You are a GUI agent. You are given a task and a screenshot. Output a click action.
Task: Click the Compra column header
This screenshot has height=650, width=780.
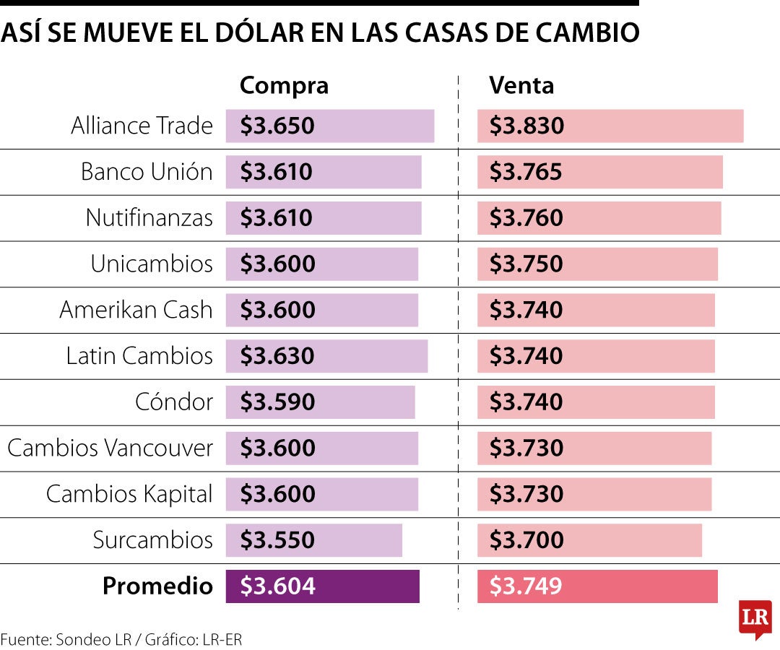click(284, 85)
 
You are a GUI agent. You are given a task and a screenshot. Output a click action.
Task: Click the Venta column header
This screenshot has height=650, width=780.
click(521, 85)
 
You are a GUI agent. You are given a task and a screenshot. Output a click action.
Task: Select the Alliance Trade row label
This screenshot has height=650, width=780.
click(142, 126)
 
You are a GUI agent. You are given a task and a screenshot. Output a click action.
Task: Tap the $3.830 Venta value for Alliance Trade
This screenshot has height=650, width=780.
click(526, 126)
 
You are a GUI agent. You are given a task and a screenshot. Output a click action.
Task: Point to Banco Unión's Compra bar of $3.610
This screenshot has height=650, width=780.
click(323, 172)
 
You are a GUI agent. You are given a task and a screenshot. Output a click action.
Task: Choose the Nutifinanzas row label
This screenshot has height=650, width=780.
click(149, 217)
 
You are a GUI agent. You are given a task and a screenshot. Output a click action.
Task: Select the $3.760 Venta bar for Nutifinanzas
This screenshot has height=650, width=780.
click(599, 218)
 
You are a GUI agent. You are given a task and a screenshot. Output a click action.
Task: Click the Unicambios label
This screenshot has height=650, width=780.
click(152, 264)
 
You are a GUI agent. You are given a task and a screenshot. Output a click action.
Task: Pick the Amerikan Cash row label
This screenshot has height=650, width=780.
click(136, 310)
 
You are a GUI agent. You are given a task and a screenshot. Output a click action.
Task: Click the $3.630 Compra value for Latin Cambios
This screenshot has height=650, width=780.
click(277, 356)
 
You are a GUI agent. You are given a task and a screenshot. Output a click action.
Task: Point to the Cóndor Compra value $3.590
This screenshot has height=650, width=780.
click(277, 402)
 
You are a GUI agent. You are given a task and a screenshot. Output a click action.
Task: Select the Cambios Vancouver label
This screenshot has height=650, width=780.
click(110, 448)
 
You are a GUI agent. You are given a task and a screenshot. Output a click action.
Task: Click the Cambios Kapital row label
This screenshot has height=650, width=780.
click(129, 494)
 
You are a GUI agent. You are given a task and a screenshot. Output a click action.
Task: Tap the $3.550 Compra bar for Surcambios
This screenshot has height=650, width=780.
click(313, 540)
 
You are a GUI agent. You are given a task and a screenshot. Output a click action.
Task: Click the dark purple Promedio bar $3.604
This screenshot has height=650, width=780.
click(322, 586)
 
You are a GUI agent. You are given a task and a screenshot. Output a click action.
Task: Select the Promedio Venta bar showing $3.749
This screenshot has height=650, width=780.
click(597, 586)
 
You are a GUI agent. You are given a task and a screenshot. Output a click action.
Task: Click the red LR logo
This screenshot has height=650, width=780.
click(755, 618)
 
